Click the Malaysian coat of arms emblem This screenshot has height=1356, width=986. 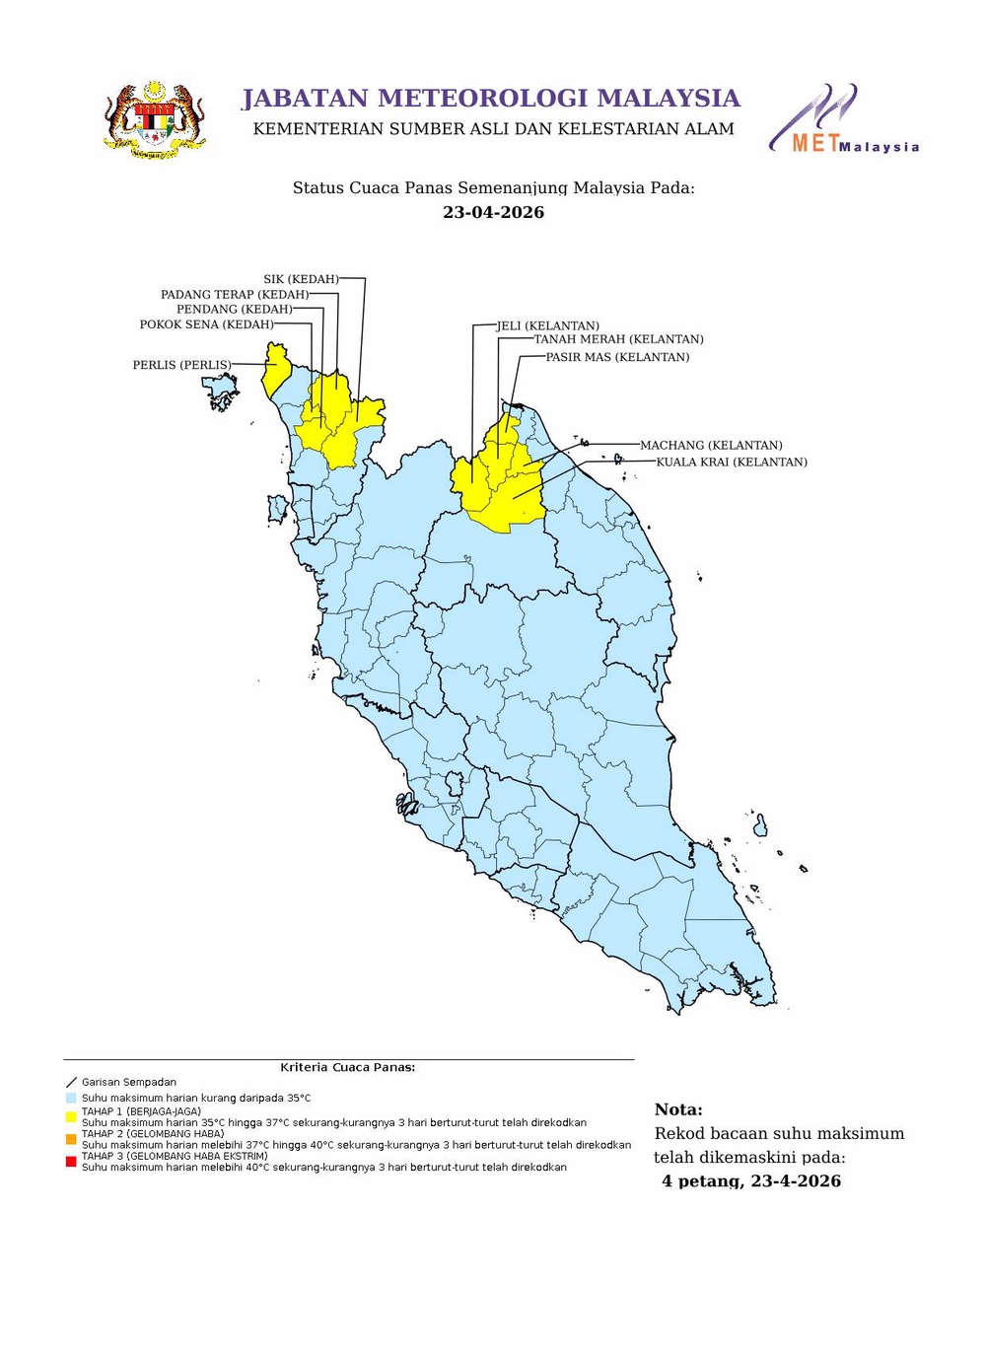tap(155, 120)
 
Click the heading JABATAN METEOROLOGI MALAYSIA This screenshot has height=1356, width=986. tap(491, 99)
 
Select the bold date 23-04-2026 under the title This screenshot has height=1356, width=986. tap(493, 212)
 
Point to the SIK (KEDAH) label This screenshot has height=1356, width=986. tap(301, 279)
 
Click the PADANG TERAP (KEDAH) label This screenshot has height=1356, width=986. tap(235, 294)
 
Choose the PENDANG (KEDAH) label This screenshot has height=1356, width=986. tap(235, 309)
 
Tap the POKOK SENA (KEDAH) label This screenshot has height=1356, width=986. tap(207, 324)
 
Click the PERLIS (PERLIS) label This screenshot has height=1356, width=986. tap(182, 365)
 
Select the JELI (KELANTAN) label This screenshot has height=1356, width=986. tap(548, 325)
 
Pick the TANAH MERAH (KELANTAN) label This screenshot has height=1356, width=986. tap(619, 339)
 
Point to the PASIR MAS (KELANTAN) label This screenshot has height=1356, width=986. tap(618, 357)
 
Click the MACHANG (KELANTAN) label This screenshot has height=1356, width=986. tap(711, 445)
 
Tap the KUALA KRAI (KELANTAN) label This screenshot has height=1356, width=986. tap(732, 462)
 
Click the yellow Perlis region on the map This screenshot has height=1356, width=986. tap(275, 370)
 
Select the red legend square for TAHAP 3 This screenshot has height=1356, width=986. tap(71, 1162)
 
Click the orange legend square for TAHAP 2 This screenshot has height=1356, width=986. tap(71, 1139)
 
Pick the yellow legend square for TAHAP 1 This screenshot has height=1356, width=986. tap(71, 1116)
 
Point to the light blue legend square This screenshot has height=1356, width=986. tap(71, 1098)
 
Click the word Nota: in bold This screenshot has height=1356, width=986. tap(678, 1109)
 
